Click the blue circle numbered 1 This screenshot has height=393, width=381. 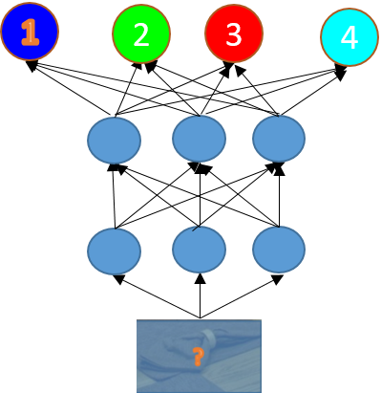click(30, 32)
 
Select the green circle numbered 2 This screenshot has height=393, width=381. click(141, 33)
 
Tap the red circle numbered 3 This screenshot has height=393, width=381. click(234, 33)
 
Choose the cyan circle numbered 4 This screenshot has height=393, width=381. click(349, 38)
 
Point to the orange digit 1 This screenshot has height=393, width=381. click(30, 33)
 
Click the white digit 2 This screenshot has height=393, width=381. click(141, 34)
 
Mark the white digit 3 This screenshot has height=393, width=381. click(234, 34)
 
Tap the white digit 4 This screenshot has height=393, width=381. click(349, 38)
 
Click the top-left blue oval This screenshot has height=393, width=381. click(114, 141)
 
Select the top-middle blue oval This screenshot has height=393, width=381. click(199, 139)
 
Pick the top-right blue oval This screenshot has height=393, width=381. click(279, 139)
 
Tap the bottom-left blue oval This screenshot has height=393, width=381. click(114, 251)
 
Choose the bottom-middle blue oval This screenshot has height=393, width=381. click(199, 250)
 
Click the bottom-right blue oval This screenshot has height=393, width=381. click(279, 250)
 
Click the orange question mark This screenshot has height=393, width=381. click(198, 358)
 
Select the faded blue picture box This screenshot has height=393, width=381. click(199, 356)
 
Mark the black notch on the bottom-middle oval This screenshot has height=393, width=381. click(196, 229)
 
